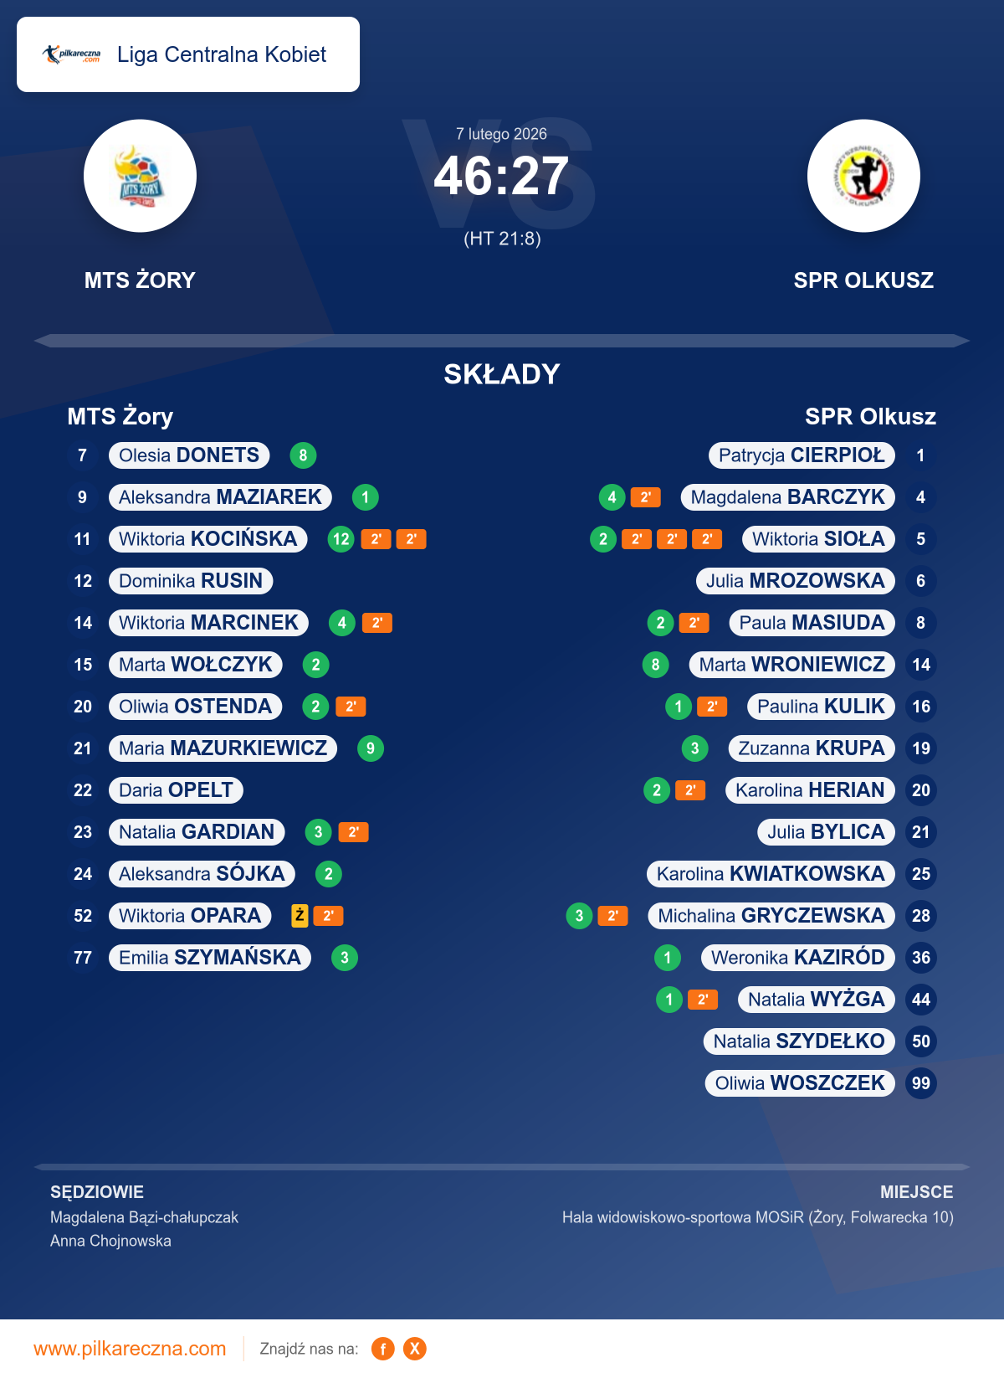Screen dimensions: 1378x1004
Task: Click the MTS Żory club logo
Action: coord(140,177)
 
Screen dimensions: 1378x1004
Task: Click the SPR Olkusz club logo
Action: coord(863,177)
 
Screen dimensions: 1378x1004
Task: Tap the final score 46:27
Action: coord(501,177)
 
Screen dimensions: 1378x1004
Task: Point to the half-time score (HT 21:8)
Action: coord(502,239)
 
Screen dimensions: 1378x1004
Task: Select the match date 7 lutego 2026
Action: coord(501,134)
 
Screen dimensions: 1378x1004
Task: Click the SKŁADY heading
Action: coord(502,374)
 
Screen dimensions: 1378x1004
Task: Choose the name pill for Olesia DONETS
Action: coord(189,455)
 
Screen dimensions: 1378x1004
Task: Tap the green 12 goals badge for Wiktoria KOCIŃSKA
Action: coord(341,539)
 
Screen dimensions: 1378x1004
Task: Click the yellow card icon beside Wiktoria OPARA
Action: coord(300,915)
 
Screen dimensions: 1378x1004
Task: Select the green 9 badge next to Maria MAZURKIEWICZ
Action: coord(371,748)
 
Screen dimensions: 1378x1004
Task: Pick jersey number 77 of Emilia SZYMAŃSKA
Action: coord(83,958)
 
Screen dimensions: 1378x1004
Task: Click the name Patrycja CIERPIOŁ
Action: coord(802,455)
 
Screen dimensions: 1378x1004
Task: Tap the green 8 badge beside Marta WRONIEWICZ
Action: coord(656,665)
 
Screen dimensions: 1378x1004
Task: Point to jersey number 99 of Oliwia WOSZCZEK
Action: coord(921,1083)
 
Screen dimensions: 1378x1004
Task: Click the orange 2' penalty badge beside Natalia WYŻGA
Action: coord(703,1000)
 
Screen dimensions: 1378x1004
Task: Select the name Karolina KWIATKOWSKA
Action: coord(771,874)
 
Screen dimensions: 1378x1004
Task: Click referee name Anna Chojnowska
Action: coord(110,1241)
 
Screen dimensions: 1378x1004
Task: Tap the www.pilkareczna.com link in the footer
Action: coord(130,1349)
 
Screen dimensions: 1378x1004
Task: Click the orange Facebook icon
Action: coord(383,1349)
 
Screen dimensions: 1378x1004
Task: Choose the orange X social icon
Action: coord(414,1349)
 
